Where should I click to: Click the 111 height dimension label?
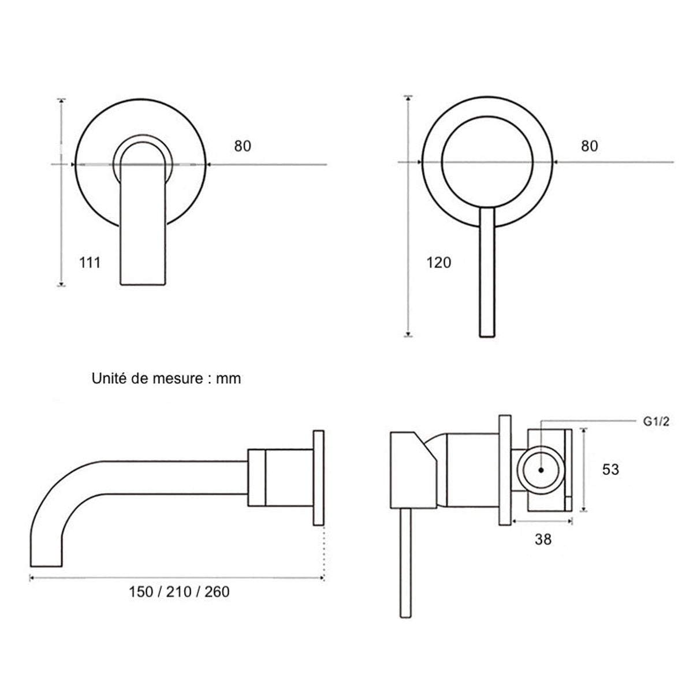90,263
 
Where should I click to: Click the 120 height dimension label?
438,263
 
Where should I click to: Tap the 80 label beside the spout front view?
243,146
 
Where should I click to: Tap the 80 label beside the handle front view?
590,146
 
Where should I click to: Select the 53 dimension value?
610,470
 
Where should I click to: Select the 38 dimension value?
543,539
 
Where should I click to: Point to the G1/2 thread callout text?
656,422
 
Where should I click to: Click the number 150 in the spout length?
141,593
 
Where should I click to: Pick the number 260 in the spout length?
217,593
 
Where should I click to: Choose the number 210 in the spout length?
178,593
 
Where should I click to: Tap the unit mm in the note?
228,380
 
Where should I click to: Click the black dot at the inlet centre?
541,470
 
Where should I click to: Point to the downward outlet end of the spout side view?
46,566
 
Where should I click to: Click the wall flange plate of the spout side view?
318,478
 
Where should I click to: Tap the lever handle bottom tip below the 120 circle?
487,336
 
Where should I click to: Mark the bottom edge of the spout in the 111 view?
143,285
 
